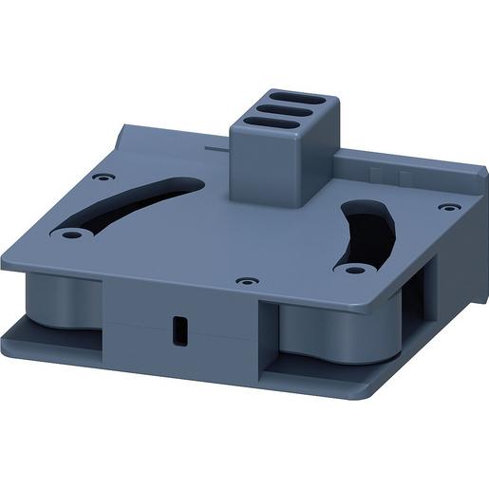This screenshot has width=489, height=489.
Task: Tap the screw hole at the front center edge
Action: click(x=247, y=282)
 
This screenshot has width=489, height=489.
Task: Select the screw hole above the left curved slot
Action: click(x=103, y=177)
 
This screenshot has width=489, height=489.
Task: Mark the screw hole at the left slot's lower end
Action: click(x=70, y=233)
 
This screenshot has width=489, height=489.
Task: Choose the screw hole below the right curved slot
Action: click(x=354, y=270)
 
